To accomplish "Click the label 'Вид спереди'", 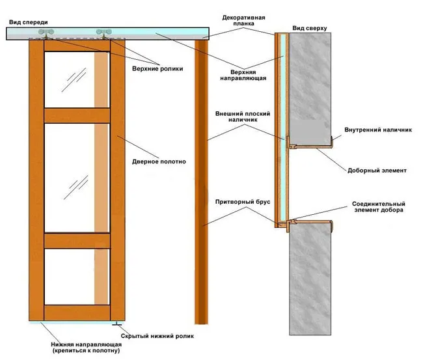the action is tap(29, 22).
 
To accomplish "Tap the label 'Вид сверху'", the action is tap(310, 28).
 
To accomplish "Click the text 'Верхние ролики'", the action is tap(157, 69).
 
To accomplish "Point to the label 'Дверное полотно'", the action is tap(159, 161).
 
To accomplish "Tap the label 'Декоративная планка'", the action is tap(243, 21).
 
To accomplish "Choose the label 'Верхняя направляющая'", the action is tap(243, 76).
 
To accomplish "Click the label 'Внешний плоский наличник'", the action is tap(243, 117).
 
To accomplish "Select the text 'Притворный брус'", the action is tap(243, 202).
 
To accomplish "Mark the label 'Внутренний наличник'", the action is tap(378, 130).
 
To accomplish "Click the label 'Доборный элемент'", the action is tap(377, 171).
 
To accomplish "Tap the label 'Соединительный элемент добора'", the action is tap(379, 207).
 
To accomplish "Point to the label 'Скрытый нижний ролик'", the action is tap(157, 336).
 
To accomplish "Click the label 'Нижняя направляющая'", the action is tap(87, 344).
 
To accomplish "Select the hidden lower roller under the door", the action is tap(117, 324).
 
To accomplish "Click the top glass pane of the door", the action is tap(77, 79).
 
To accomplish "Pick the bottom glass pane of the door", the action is tap(77, 277).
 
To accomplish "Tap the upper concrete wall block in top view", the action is tap(310, 89).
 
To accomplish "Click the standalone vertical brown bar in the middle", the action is tap(201, 182).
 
